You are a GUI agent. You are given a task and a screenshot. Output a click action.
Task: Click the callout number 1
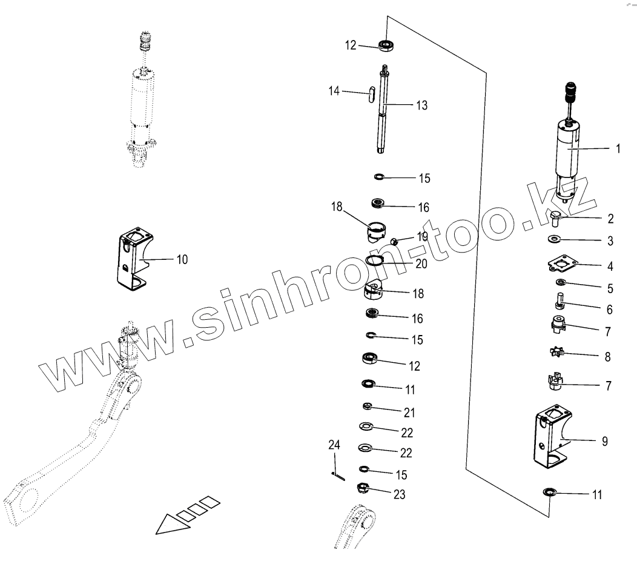click(618, 148)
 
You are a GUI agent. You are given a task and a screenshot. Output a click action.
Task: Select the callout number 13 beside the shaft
click(421, 105)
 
